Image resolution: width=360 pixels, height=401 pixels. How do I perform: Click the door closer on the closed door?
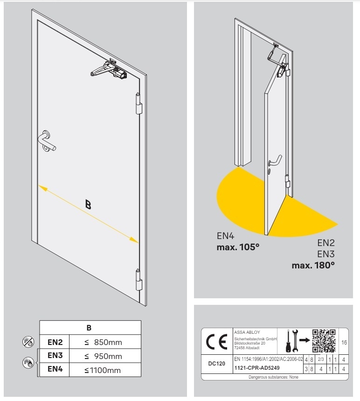click(111, 70)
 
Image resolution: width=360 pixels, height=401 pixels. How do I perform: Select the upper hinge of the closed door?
click(138, 104)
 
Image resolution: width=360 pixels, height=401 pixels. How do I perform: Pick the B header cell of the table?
click(90, 327)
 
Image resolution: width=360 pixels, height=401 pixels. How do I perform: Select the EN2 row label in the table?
click(55, 342)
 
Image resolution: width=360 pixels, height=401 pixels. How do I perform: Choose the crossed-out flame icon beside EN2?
click(28, 342)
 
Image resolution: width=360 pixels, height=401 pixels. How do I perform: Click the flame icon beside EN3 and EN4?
click(28, 363)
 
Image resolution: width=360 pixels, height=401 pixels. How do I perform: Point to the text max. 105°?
click(238, 246)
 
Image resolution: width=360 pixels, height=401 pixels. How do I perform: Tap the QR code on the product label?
click(323, 340)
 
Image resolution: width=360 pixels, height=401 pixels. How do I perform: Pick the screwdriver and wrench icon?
click(292, 340)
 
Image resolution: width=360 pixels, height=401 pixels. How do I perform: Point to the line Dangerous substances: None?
click(273, 376)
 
